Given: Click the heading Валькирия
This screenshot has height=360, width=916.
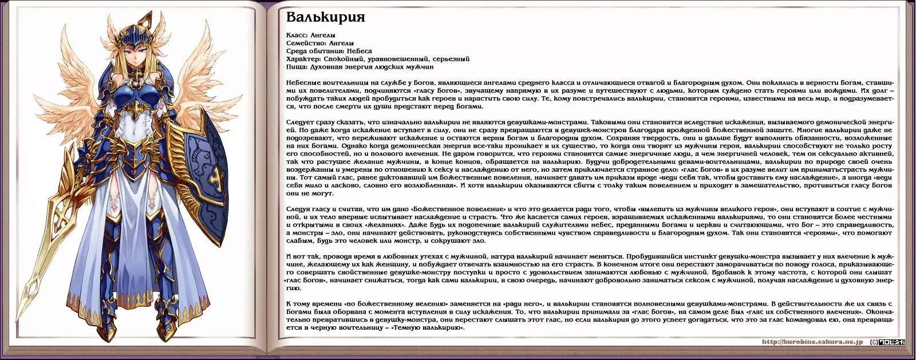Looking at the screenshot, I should [325, 17].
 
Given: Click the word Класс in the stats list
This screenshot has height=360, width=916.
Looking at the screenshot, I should [296, 35].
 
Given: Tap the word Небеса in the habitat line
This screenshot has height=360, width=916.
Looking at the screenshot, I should [359, 51].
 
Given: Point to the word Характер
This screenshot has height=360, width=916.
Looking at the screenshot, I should [303, 58].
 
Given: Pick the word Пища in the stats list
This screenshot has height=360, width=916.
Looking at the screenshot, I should [295, 66].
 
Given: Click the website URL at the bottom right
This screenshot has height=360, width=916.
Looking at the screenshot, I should [812, 342].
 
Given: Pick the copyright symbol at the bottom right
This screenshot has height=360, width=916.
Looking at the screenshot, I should [874, 342].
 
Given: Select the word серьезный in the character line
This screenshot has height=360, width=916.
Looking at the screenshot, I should [451, 58].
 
